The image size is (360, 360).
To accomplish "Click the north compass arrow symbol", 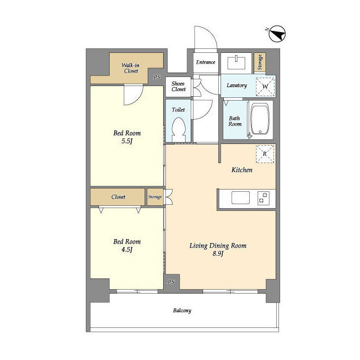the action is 277,34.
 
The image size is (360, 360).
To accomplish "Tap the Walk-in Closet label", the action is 130,68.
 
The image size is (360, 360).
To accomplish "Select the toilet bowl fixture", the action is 179,129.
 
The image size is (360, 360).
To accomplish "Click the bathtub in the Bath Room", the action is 260,119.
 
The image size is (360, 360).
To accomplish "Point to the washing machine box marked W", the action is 265,87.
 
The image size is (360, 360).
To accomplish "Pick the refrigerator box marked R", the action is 265,154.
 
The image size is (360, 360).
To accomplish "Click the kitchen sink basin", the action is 240,197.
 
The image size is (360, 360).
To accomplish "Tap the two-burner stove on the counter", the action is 263,197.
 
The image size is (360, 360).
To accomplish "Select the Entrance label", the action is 205,62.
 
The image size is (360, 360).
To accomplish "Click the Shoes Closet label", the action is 178,86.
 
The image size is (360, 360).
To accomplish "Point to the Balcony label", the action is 182,310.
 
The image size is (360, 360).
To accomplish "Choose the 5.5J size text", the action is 127,141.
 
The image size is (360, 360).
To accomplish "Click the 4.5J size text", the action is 127,249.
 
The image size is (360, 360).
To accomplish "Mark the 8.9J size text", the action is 218,254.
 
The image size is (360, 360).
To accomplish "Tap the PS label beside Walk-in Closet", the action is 157,77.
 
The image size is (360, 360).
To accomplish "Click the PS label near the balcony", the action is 171,282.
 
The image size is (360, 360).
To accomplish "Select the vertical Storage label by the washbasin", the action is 260,62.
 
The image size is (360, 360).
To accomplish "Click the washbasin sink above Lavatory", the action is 236,62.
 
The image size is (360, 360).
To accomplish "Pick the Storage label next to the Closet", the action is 155,197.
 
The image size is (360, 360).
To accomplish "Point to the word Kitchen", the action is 242,170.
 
